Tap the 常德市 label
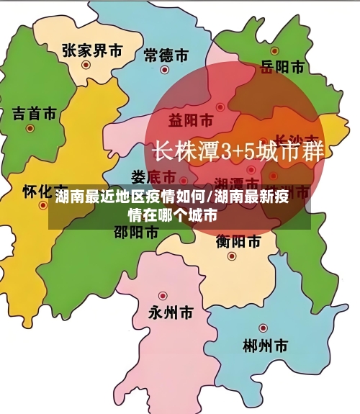click(x=166, y=55)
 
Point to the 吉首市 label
click(x=34, y=114)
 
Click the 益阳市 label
click(x=190, y=119)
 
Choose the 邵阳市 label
click(x=136, y=232)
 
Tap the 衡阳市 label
click(x=238, y=242)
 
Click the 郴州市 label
click(x=266, y=345)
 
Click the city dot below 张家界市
click(x=86, y=65)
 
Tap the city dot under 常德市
click(x=164, y=71)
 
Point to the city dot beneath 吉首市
click(x=30, y=129)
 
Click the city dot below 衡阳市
click(x=232, y=256)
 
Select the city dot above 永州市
click(x=163, y=296)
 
